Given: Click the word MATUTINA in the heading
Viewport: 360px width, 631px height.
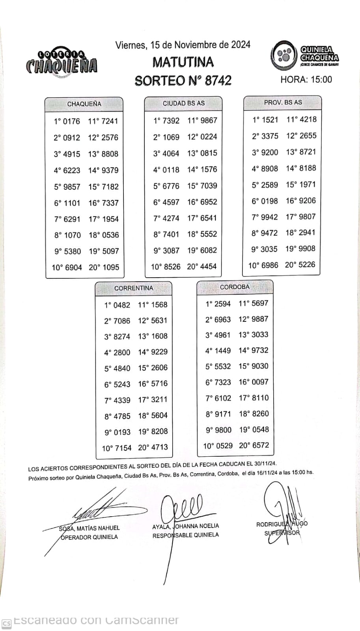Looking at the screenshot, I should tap(183, 62).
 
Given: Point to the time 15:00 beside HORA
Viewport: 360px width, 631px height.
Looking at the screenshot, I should tap(321, 80).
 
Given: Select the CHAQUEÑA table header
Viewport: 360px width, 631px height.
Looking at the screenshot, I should tap(84, 104).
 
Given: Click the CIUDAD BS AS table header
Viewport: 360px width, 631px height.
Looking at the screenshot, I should tap(184, 103).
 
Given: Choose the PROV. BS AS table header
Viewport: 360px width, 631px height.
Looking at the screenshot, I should tap(283, 103).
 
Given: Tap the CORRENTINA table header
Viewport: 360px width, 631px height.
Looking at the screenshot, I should tap(134, 288).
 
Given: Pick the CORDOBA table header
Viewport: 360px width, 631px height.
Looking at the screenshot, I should tap(235, 287).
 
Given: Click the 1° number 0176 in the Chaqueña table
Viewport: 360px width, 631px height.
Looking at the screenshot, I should tap(71, 121).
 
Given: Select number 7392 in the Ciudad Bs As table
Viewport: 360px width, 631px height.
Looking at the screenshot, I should tap(171, 121).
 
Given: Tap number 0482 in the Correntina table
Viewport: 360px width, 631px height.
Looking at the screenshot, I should tap(121, 305).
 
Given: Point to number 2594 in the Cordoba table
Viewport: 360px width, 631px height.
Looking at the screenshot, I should tap(222, 304).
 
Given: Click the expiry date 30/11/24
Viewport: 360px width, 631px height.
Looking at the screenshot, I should tap(265, 464).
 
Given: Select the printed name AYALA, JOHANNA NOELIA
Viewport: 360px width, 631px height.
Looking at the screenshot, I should tap(185, 526).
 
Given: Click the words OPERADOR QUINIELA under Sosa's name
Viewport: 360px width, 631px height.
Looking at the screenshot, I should tap(89, 537).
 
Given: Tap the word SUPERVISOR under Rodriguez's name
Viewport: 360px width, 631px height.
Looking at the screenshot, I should tap(282, 533).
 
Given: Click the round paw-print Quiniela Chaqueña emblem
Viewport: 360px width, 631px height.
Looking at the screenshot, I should tap(283, 55).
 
